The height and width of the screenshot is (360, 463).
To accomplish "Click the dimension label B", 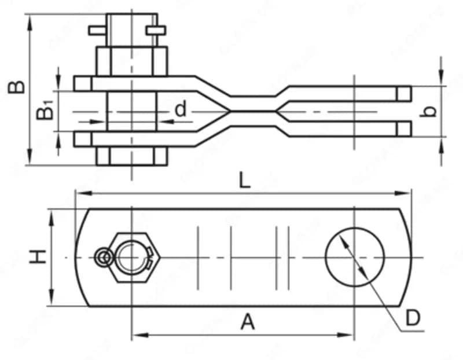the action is (x=17, y=87).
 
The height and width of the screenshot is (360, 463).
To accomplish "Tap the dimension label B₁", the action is (x=45, y=110).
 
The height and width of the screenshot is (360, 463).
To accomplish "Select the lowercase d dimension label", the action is (x=181, y=109).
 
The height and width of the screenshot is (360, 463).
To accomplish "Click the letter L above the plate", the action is (x=244, y=180).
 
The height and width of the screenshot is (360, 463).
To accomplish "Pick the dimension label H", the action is (x=38, y=256).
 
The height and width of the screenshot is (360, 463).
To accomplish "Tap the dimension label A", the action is (x=248, y=322).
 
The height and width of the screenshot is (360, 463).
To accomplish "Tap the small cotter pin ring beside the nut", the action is (x=103, y=258).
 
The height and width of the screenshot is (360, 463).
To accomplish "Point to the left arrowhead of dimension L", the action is (x=83, y=193).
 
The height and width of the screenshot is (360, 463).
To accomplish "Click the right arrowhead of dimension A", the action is (x=346, y=335).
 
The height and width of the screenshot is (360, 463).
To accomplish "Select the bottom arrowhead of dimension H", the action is (x=52, y=297).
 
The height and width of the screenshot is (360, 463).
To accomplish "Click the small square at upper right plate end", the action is (x=403, y=94).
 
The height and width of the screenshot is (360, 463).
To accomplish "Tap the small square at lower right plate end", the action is (x=403, y=128).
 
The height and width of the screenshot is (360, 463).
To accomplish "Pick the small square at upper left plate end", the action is (x=83, y=83).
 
